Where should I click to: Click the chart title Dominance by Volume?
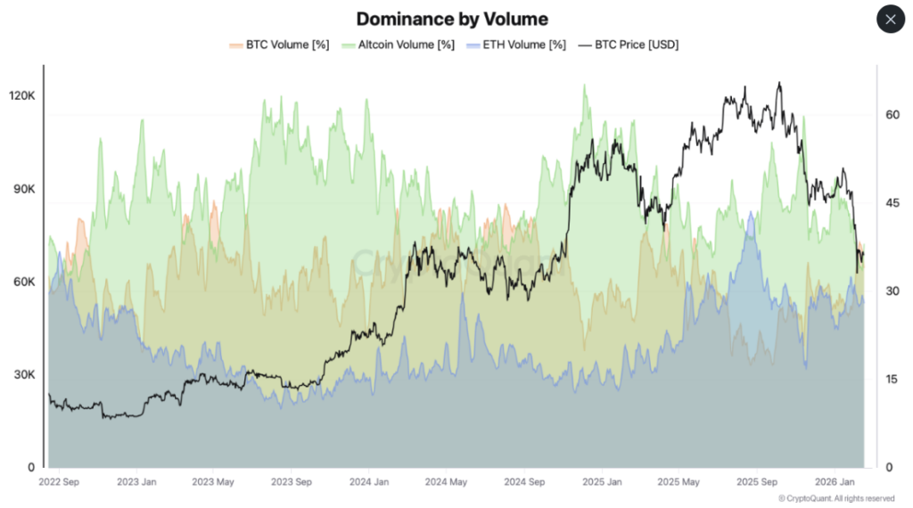click(x=452, y=19)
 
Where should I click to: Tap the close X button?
click(x=891, y=19)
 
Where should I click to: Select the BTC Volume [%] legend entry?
click(x=276, y=45)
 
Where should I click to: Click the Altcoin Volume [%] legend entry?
click(x=401, y=45)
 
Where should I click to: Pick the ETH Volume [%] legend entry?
click(x=522, y=45)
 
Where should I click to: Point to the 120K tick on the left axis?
click(x=21, y=95)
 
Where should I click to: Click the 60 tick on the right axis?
click(x=891, y=115)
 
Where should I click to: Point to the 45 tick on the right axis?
click(x=891, y=203)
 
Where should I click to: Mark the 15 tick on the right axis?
click(x=891, y=380)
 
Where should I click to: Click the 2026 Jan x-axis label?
click(x=835, y=482)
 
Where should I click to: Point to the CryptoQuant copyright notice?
click(x=836, y=498)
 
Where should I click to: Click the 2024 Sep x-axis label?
click(x=524, y=482)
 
